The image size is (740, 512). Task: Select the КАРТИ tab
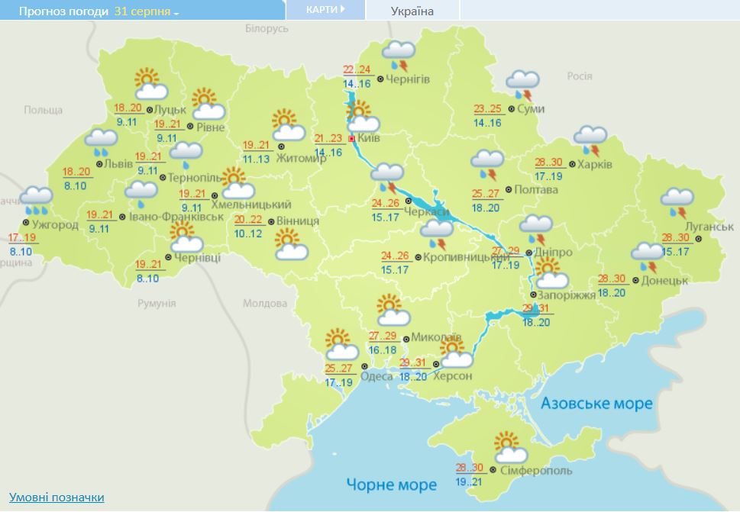click(324, 10)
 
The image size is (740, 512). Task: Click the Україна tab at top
click(412, 11)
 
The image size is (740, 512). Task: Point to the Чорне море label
click(391, 485)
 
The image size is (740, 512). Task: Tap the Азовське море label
click(596, 403)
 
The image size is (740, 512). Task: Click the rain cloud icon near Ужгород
click(37, 201)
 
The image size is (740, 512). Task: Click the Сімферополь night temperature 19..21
click(470, 482)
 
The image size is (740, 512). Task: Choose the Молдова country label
click(264, 303)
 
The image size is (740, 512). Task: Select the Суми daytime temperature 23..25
click(488, 109)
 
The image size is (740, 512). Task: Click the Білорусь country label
click(267, 28)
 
